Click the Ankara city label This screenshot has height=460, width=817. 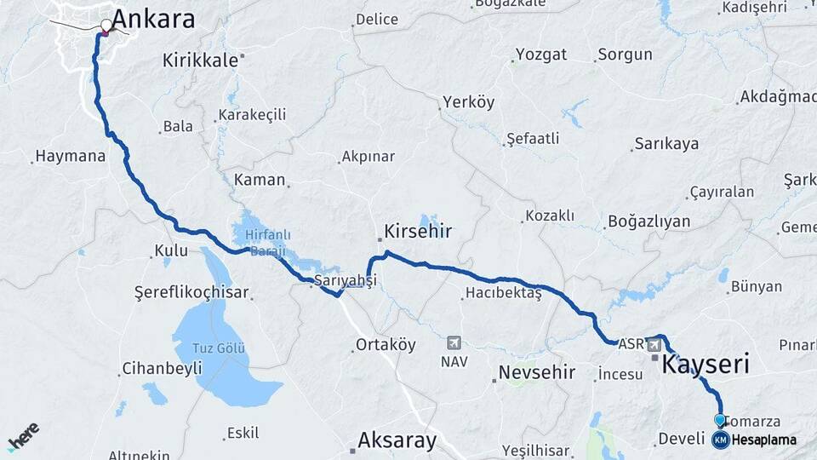click(x=153, y=20)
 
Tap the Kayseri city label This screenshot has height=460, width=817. click(x=706, y=365)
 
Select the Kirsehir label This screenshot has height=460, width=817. click(x=417, y=231)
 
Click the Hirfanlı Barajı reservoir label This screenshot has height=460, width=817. click(x=262, y=241)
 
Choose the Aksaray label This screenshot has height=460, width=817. click(x=397, y=440)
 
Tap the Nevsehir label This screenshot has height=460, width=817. click(x=536, y=372)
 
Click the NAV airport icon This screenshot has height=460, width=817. click(x=454, y=342)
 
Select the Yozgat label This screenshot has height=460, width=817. click(x=540, y=55)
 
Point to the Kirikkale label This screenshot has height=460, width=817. click(x=201, y=60)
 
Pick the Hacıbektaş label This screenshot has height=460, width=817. click(x=504, y=294)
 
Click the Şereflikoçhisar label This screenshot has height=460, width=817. click(x=191, y=292)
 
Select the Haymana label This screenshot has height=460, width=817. click(x=70, y=157)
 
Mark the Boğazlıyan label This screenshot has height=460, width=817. click(x=648, y=221)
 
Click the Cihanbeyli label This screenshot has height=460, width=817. click(x=162, y=369)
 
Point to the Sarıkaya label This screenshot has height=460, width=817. click(x=667, y=143)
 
